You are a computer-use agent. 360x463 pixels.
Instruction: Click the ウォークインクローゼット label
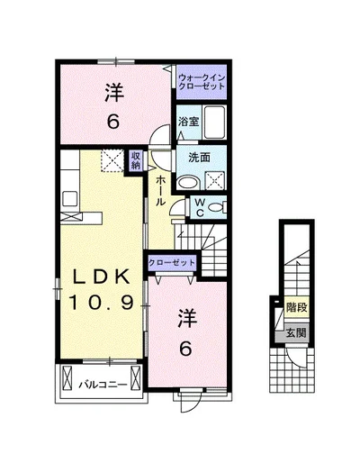(x=202, y=82)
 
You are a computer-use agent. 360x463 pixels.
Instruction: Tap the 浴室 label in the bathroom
(x=189, y=122)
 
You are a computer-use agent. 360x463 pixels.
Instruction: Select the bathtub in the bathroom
(x=214, y=122)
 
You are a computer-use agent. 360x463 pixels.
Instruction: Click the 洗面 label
(x=199, y=158)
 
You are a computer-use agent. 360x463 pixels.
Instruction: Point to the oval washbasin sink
(x=188, y=183)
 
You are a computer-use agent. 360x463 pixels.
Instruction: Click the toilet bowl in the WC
(x=215, y=207)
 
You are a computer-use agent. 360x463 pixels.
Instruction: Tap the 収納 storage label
(x=135, y=160)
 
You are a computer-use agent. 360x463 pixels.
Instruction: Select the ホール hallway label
(x=160, y=191)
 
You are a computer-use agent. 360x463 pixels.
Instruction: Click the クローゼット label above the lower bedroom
(x=172, y=263)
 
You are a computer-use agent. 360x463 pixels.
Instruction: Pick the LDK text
(x=101, y=277)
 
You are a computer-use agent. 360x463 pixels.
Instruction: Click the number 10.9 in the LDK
(x=101, y=302)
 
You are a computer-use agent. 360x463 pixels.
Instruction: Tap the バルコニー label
(x=103, y=385)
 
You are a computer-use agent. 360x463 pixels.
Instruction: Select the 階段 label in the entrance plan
(x=296, y=307)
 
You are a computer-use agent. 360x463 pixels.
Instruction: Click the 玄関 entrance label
(x=296, y=332)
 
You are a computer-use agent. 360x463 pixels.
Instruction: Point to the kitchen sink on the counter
(x=69, y=198)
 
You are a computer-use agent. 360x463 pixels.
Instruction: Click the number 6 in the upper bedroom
(x=113, y=122)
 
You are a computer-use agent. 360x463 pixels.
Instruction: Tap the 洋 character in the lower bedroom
(x=187, y=319)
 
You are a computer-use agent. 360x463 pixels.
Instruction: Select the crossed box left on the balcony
(x=67, y=377)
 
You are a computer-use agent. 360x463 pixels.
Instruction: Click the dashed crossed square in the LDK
(x=112, y=160)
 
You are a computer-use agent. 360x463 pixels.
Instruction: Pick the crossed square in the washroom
(x=214, y=180)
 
